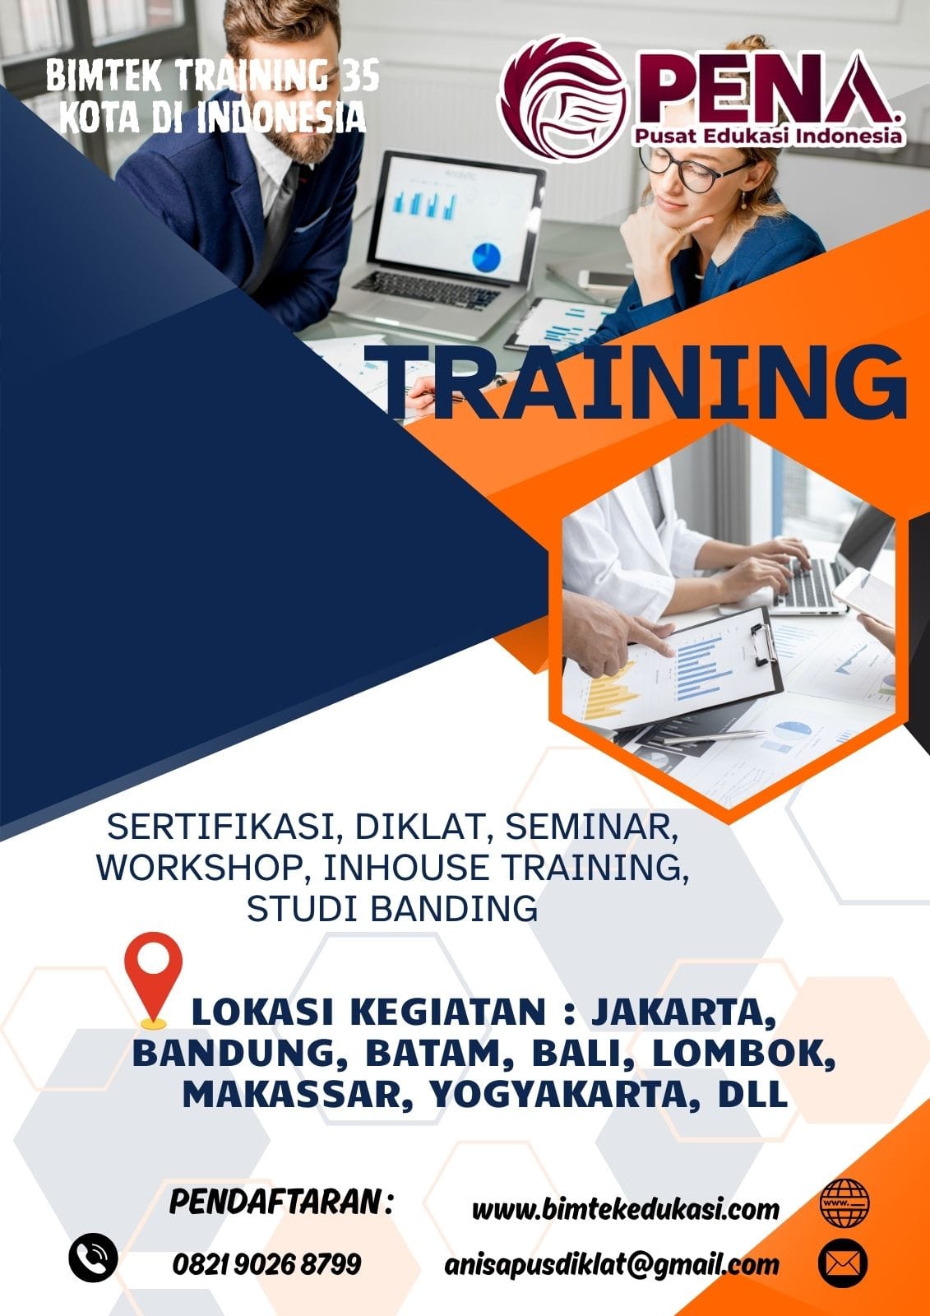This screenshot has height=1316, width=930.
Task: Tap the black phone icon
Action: click(x=93, y=1258)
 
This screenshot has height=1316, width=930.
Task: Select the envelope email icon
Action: click(x=843, y=1263)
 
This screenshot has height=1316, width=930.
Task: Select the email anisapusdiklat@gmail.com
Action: click(x=612, y=1264)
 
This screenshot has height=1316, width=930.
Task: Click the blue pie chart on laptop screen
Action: click(x=486, y=257)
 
